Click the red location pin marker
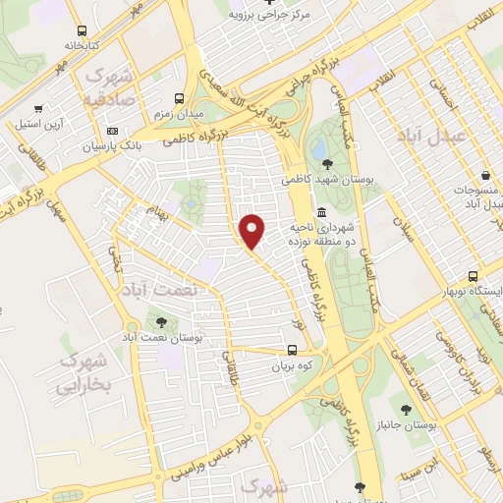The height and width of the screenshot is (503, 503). point(252,232)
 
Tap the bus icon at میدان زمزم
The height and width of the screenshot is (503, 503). point(179,98)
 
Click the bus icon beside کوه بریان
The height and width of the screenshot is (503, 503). point(291,350)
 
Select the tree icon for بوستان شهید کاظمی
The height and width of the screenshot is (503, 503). point(325,164)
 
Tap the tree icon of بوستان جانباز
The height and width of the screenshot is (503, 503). point(406,408)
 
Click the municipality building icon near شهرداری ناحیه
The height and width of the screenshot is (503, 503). point(321,213)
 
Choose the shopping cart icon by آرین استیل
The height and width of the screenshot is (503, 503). point(37,109)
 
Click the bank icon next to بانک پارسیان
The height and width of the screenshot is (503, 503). point(112,131)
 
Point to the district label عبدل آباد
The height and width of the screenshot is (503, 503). point(429,136)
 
